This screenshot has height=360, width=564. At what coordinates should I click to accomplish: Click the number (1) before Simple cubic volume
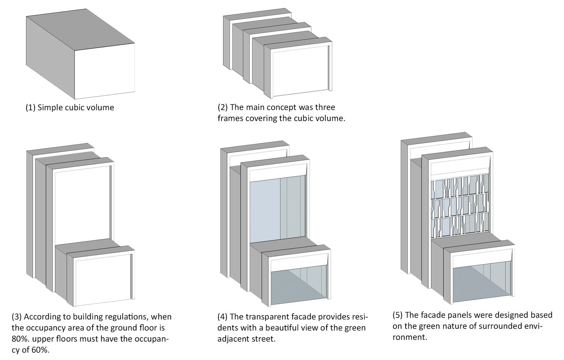click(x=31, y=107)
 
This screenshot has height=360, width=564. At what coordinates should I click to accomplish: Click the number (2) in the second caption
click(x=223, y=107)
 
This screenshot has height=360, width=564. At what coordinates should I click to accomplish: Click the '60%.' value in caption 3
click(x=40, y=350)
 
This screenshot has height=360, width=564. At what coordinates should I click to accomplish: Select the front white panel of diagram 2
click(x=300, y=74)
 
